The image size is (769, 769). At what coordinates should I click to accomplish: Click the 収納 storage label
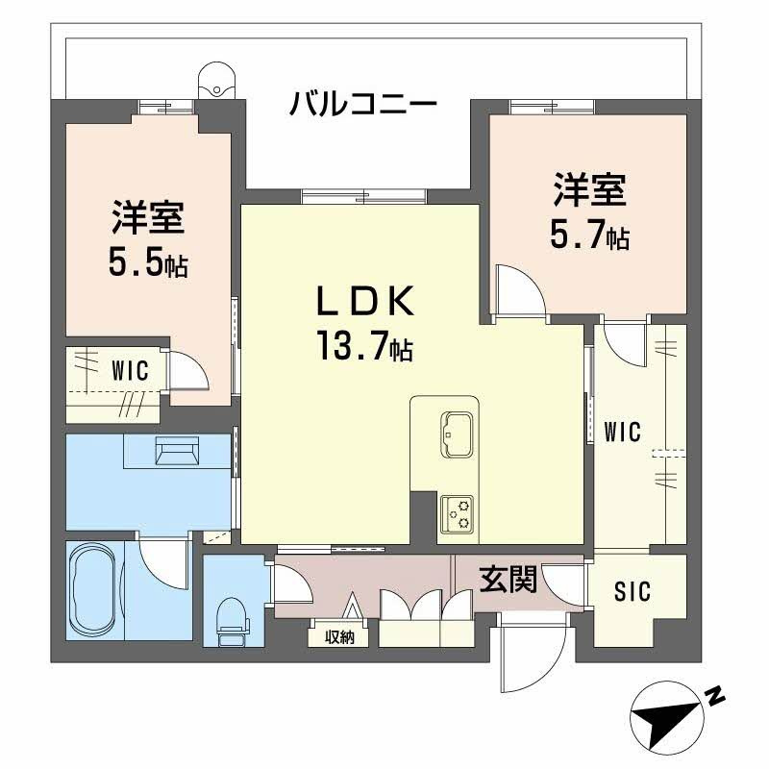pos(338,636)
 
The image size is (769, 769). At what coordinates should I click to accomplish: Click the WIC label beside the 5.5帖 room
pos(129,371)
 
